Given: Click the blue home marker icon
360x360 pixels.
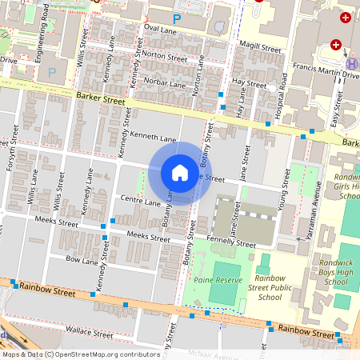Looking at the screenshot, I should coord(180,173).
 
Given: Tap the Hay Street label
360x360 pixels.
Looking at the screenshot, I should coord(249,82).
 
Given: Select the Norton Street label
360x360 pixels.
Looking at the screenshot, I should coord(164,57).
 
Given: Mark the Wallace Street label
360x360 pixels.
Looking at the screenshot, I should coord(90,331).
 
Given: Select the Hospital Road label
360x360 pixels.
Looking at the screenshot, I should coord(281,105).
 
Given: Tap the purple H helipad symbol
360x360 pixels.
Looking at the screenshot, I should coord(351,62).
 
